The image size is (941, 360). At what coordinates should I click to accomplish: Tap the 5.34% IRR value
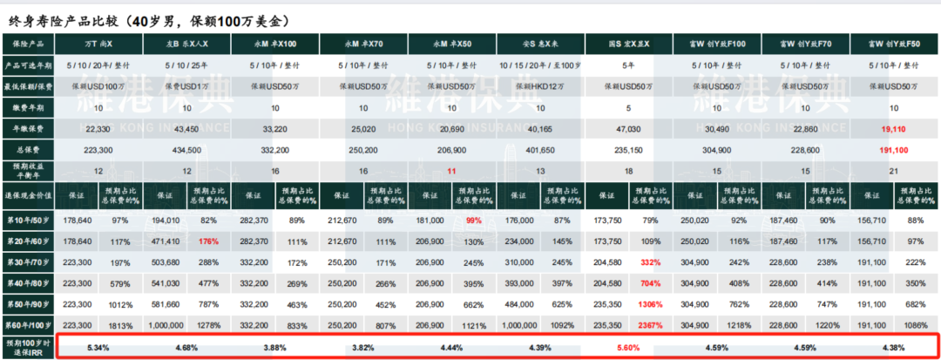(x=98, y=347)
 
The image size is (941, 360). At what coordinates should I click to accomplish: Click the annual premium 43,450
(x=187, y=128)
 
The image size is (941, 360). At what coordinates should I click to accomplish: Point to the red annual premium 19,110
(x=894, y=128)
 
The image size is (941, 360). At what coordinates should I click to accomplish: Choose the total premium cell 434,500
(x=187, y=149)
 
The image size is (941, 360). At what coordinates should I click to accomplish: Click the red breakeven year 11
(x=452, y=171)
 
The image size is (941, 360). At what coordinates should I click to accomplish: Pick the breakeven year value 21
(x=894, y=171)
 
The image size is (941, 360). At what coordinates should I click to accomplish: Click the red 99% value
(x=474, y=221)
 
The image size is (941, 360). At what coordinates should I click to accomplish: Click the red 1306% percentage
(x=651, y=305)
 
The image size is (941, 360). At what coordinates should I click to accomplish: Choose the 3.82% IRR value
(x=363, y=347)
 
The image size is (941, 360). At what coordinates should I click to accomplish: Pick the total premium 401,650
(x=540, y=149)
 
